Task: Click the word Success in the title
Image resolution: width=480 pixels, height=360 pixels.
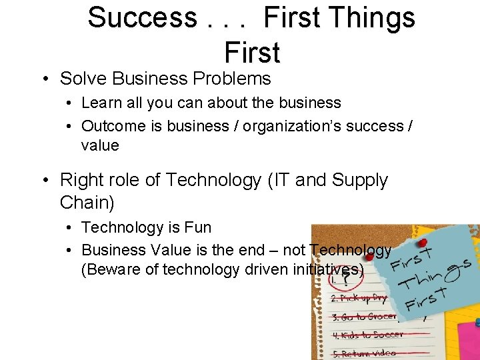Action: point(142,17)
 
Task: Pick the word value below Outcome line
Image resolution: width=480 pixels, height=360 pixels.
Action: point(100,145)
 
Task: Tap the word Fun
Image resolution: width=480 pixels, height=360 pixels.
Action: point(198,227)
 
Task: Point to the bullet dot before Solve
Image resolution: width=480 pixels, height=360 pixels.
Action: point(43,79)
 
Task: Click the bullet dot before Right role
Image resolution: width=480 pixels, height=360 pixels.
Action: point(43,180)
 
